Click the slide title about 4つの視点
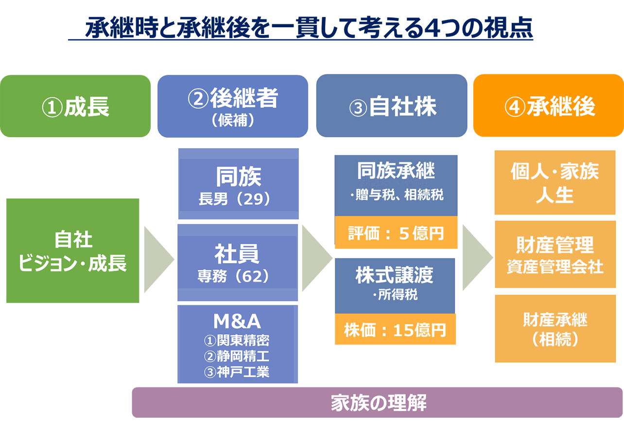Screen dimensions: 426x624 [x=301, y=28]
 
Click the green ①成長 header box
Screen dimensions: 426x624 [x=75, y=106]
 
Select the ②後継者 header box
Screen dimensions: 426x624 [x=233, y=106]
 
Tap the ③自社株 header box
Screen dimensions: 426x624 [x=392, y=106]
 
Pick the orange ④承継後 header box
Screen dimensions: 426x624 [x=549, y=106]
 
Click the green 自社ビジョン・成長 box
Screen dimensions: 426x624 [x=73, y=251]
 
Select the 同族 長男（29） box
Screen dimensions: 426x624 [x=238, y=184]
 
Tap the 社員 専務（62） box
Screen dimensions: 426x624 [x=238, y=263]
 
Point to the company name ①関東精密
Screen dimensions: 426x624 [x=237, y=340]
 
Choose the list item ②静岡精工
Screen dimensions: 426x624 [x=237, y=356]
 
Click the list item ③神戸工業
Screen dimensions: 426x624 [x=237, y=372]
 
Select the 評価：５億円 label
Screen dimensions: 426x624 [x=396, y=233]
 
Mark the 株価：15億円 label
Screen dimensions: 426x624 [x=395, y=330]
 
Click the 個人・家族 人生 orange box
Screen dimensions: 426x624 [x=555, y=183]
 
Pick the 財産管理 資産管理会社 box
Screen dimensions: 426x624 [x=555, y=254]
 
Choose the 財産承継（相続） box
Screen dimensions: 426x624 [x=555, y=329]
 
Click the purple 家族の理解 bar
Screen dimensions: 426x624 [x=378, y=403]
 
